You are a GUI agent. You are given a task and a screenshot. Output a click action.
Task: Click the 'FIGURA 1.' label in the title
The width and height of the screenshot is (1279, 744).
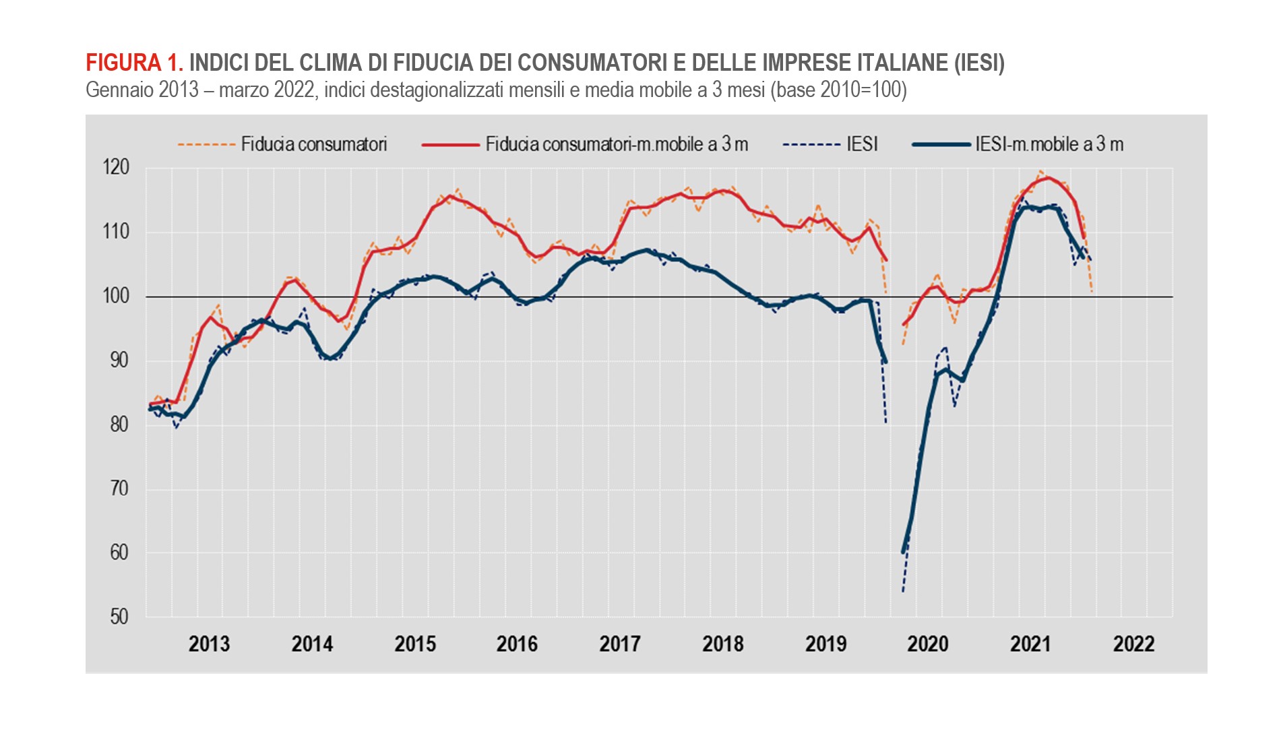(x=134, y=63)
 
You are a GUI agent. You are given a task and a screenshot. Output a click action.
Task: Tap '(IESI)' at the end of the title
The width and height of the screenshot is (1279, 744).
(x=979, y=63)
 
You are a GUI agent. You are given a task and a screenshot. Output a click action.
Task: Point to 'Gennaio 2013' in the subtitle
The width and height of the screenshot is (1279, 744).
(x=142, y=90)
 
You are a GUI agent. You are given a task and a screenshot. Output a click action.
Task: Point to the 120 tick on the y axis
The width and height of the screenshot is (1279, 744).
(x=116, y=168)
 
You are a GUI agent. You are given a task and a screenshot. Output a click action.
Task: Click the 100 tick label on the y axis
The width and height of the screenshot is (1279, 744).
(x=116, y=296)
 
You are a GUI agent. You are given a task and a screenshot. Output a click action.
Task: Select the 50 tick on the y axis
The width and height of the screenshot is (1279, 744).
(x=119, y=617)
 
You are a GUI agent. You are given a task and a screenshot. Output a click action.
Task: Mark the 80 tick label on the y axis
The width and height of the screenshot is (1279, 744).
(x=119, y=424)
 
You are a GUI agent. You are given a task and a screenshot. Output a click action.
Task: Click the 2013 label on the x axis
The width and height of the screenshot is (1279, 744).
(x=209, y=644)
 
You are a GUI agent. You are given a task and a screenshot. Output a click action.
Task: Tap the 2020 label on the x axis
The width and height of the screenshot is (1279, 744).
(x=927, y=644)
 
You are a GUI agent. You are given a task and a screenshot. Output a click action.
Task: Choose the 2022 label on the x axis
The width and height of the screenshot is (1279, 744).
(x=1133, y=644)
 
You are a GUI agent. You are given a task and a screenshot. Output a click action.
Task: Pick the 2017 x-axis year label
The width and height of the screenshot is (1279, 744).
(x=619, y=644)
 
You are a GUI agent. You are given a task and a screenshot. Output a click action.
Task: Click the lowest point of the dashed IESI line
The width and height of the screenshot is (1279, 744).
(x=903, y=592)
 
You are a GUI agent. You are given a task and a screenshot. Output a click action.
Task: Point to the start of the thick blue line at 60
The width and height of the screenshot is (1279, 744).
(x=904, y=552)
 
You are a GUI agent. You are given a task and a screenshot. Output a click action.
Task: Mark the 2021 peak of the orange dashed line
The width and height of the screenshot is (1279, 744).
(x=1040, y=171)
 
